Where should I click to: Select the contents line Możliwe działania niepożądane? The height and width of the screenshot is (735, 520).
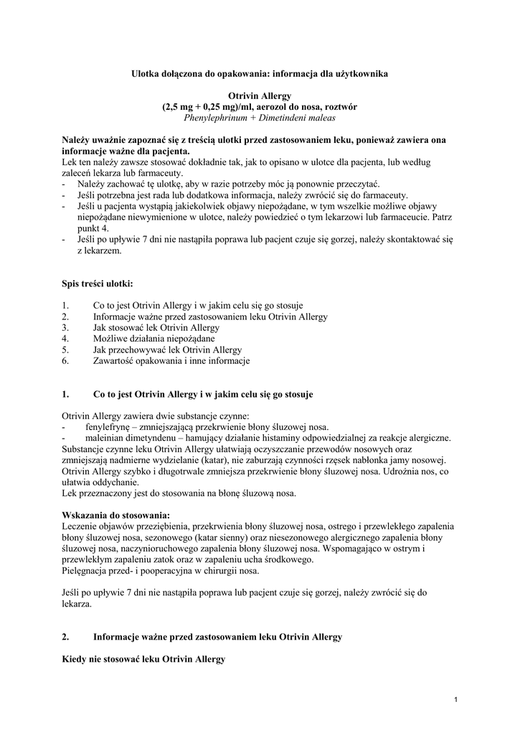coord(153,338)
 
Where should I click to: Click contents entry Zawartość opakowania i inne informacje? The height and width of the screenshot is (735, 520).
coord(171,361)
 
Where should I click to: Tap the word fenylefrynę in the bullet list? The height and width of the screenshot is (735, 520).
coord(108,426)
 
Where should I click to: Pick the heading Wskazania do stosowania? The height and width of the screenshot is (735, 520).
coord(116,515)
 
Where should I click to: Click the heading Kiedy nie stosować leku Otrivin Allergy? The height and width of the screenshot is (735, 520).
coord(143,658)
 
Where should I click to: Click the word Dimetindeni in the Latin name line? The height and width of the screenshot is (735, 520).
coord(287,117)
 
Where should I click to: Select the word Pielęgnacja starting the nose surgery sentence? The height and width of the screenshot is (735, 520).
coord(87,571)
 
